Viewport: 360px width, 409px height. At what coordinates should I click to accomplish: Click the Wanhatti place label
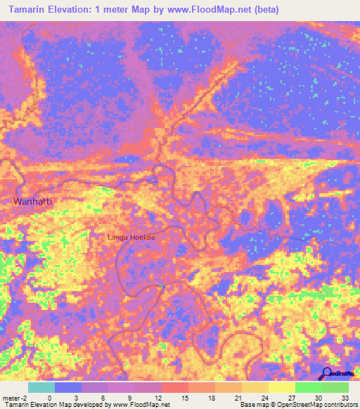coord(34,202)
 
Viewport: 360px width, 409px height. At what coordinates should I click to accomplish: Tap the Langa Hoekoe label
coord(131,238)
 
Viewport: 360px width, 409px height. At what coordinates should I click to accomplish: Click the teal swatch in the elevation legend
coord(41,387)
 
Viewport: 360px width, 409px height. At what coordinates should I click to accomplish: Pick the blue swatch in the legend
coord(67,387)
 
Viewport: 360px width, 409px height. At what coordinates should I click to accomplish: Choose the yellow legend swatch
coord(255,387)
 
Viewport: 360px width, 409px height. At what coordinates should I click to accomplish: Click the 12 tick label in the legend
coord(161,398)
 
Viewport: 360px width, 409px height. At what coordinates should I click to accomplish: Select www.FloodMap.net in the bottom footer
coord(141,405)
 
